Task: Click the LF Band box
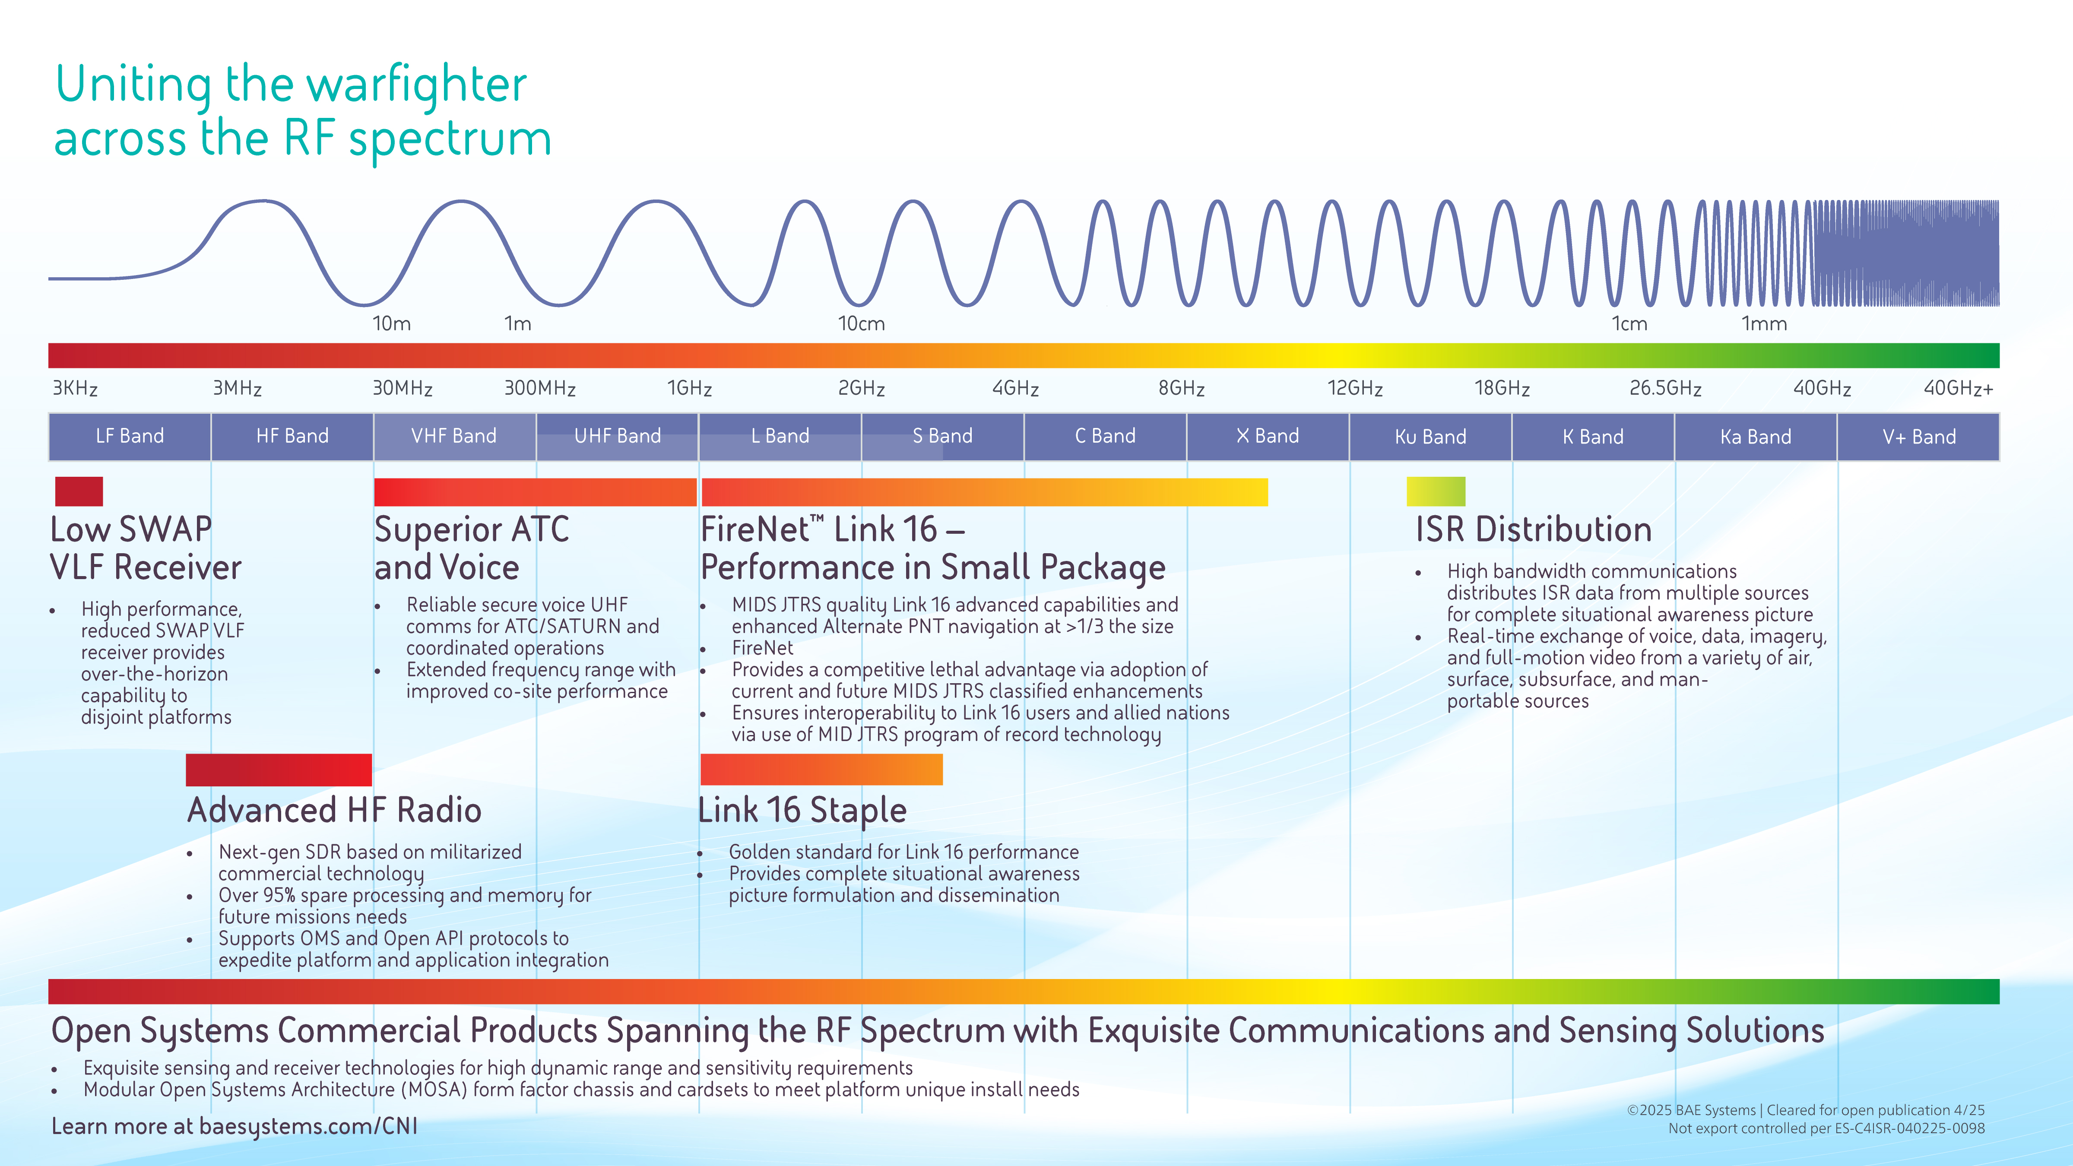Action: click(x=130, y=436)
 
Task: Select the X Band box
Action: click(x=1268, y=436)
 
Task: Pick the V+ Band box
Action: click(x=1918, y=436)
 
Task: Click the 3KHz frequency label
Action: click(x=75, y=389)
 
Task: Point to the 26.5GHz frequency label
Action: click(x=1665, y=389)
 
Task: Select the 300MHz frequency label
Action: click(x=540, y=389)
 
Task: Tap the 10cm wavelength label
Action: click(x=861, y=323)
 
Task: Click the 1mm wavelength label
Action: click(x=1764, y=323)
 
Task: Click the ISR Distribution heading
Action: click(x=1533, y=529)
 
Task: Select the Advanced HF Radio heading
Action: click(x=334, y=810)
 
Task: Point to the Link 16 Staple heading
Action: click(x=802, y=810)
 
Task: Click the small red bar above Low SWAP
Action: click(x=79, y=491)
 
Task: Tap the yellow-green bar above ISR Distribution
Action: click(x=1436, y=491)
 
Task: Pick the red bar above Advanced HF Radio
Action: click(x=279, y=769)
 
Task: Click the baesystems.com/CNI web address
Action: click(x=308, y=1126)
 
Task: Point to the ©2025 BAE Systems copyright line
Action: click(x=1805, y=1110)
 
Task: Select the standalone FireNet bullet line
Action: click(x=762, y=648)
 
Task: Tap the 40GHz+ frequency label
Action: click(x=1958, y=389)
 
